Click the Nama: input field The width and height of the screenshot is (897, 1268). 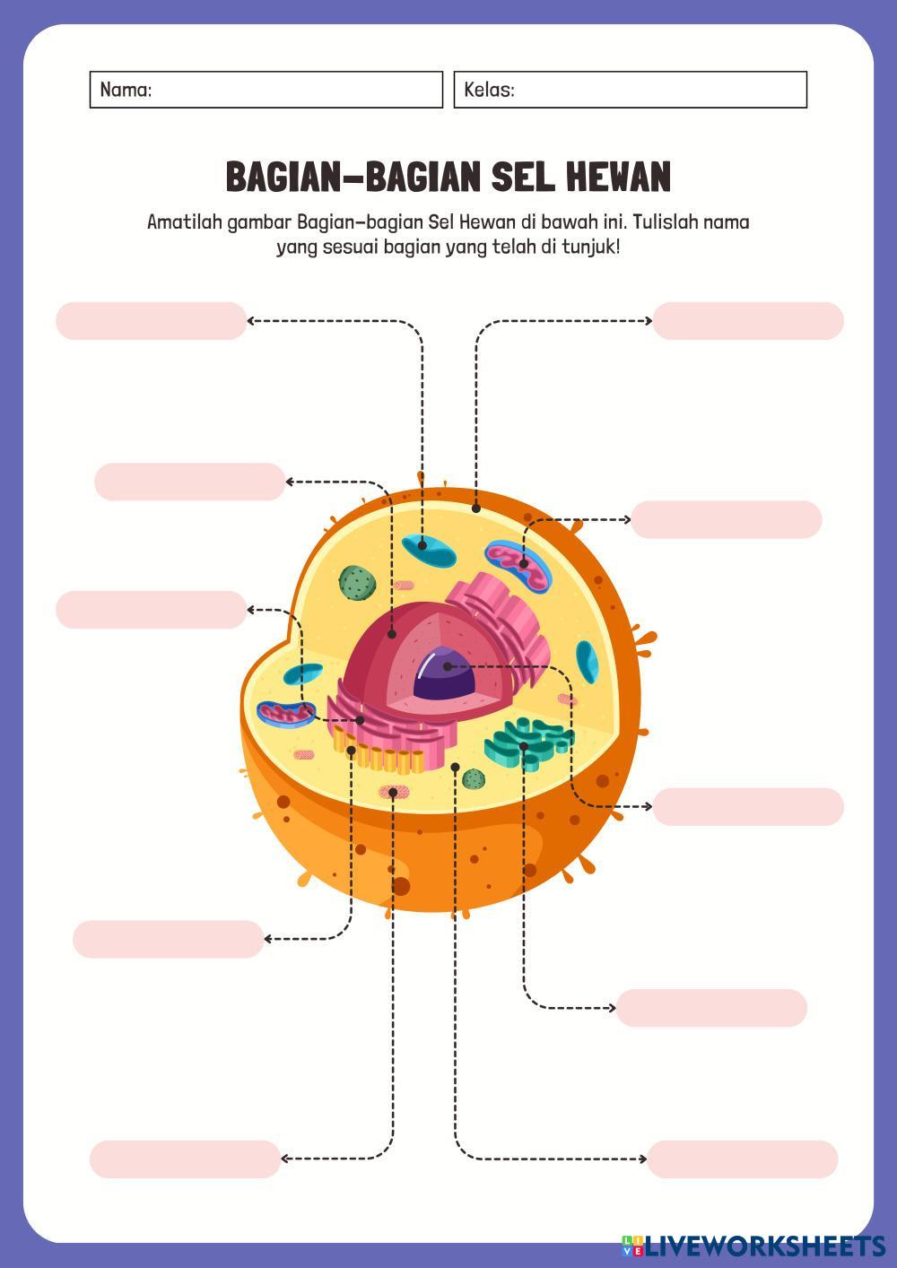point(266,90)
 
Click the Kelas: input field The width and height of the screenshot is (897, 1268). point(630,90)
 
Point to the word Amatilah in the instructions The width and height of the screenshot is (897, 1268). point(184,221)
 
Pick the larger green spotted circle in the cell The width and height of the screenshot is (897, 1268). point(356,583)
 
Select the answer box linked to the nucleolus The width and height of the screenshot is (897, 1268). point(748,807)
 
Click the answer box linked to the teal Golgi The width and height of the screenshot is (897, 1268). point(711,1008)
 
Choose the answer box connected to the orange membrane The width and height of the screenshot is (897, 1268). point(748,321)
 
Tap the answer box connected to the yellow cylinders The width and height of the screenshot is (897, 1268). point(169,939)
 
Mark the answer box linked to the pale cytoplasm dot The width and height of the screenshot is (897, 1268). point(742,1159)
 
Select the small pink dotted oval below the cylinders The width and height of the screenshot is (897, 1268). point(393,792)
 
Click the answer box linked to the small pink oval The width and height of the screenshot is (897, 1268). point(186,1159)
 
